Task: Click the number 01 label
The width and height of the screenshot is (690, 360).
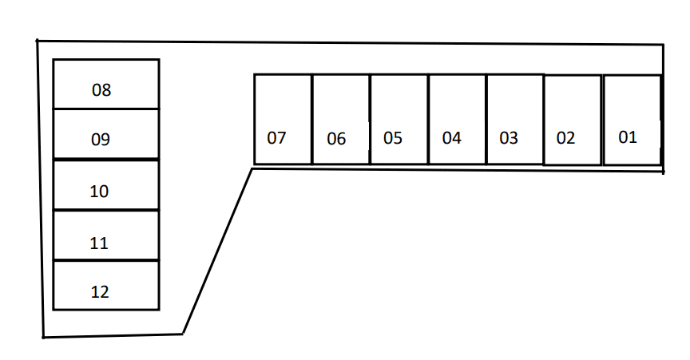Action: (628, 137)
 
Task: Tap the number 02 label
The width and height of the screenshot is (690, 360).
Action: (565, 138)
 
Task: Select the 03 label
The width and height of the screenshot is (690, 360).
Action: (509, 138)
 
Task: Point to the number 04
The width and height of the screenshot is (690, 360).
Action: (451, 138)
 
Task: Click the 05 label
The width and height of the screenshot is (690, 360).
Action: (393, 138)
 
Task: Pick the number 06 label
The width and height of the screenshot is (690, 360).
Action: (336, 139)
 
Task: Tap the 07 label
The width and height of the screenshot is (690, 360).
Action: (276, 138)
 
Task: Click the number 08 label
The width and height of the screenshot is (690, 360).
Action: (101, 90)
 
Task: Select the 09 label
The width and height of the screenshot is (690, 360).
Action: (101, 140)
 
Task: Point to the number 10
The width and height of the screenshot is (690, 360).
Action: (99, 192)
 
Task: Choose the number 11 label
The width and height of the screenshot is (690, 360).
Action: (99, 243)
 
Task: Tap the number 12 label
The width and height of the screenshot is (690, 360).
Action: (100, 292)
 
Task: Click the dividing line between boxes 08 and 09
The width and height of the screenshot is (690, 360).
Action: (106, 109)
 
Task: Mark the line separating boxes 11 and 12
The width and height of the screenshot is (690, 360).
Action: (106, 260)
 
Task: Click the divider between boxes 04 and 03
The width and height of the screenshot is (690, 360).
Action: (486, 119)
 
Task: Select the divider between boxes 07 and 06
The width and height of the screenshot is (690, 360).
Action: (312, 119)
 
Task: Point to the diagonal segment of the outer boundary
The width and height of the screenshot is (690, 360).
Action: (217, 251)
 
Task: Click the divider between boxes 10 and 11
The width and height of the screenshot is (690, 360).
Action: (106, 211)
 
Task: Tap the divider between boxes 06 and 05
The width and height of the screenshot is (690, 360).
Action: (370, 119)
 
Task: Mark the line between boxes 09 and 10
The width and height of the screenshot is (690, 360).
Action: (106, 159)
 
